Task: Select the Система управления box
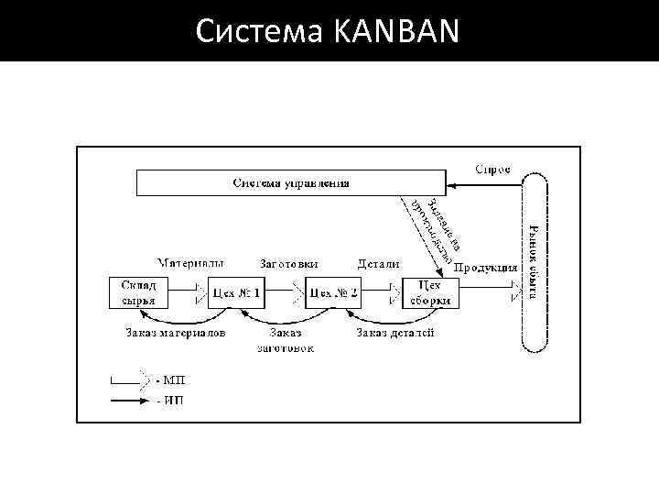[291, 182]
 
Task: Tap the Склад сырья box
[138, 292]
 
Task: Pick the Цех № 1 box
[235, 293]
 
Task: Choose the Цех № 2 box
[333, 293]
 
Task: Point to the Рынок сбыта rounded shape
[534, 265]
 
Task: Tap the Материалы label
[190, 263]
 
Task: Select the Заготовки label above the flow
[289, 264]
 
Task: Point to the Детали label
[378, 264]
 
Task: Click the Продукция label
[486, 269]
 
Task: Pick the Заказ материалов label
[176, 333]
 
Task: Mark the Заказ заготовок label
[286, 340]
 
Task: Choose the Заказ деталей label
[395, 333]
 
